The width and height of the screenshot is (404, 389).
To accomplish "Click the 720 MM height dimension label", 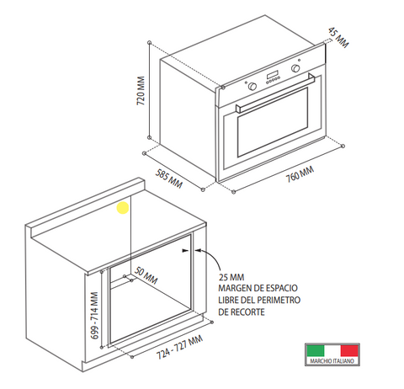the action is (141, 91).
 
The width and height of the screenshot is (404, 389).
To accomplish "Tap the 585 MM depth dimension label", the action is (169, 179).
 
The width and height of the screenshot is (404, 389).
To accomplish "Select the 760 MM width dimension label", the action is (300, 174).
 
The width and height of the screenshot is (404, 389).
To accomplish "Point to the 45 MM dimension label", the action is (338, 37).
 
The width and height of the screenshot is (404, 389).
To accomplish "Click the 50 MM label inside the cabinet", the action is (146, 275).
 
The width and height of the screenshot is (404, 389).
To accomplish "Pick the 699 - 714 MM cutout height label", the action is (94, 316).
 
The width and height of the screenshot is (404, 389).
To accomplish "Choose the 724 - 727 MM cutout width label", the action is (179, 347).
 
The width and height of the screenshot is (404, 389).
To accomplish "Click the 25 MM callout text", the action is (231, 277).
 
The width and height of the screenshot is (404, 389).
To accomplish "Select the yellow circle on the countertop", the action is (123, 208).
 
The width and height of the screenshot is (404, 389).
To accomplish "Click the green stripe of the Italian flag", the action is (316, 351).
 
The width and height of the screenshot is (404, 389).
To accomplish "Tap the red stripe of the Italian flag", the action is (349, 351).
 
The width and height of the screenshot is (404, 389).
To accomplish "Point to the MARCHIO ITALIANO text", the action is (332, 361).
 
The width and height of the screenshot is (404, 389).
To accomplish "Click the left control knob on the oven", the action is (252, 86).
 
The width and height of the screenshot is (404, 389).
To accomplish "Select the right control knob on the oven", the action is (295, 68).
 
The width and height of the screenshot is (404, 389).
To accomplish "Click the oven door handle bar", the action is (275, 93).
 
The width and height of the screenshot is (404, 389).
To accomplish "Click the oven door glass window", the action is (273, 122).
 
